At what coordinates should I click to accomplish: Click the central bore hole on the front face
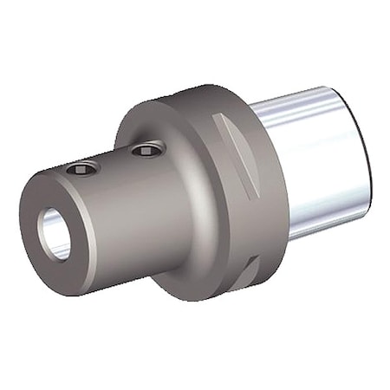pyautogui.click(x=54, y=233)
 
